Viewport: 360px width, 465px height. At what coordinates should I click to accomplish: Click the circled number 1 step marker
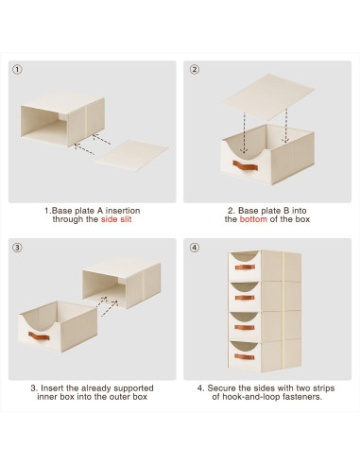(17, 69)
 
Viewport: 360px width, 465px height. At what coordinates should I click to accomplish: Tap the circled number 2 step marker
(195, 69)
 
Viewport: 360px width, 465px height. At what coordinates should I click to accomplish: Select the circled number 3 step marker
(17, 248)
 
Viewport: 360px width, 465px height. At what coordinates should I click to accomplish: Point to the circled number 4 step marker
(195, 248)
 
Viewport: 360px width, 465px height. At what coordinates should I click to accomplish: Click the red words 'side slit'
(116, 219)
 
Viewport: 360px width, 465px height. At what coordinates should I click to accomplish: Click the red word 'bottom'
(253, 219)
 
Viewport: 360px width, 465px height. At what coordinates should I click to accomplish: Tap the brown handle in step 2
(246, 165)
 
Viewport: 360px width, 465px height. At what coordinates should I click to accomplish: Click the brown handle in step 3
(39, 336)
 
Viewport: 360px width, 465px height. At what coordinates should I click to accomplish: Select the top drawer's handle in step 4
(245, 267)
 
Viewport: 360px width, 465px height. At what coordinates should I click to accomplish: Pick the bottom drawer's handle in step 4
(245, 357)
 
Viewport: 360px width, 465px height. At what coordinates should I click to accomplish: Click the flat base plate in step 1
(132, 155)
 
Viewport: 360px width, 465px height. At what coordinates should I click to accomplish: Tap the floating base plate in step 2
(267, 97)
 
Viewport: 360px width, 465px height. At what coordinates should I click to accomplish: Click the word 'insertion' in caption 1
(123, 211)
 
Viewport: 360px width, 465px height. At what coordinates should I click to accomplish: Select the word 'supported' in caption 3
(133, 388)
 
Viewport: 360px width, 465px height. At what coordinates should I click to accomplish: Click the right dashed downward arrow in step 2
(286, 126)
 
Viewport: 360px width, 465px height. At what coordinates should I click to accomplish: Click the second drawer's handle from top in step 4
(245, 298)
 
